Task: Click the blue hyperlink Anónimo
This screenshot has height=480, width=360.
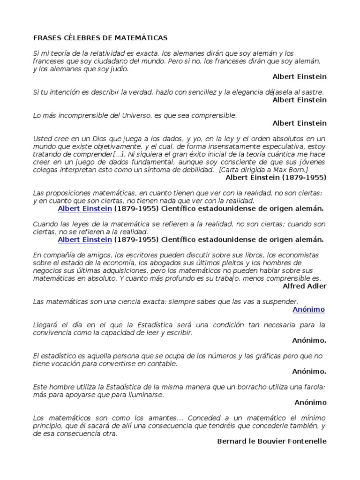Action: click(x=308, y=310)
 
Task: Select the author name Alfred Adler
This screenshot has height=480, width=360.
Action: click(x=305, y=286)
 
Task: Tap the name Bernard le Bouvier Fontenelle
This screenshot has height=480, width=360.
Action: click(x=272, y=441)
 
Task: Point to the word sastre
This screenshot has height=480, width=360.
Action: click(x=313, y=92)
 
